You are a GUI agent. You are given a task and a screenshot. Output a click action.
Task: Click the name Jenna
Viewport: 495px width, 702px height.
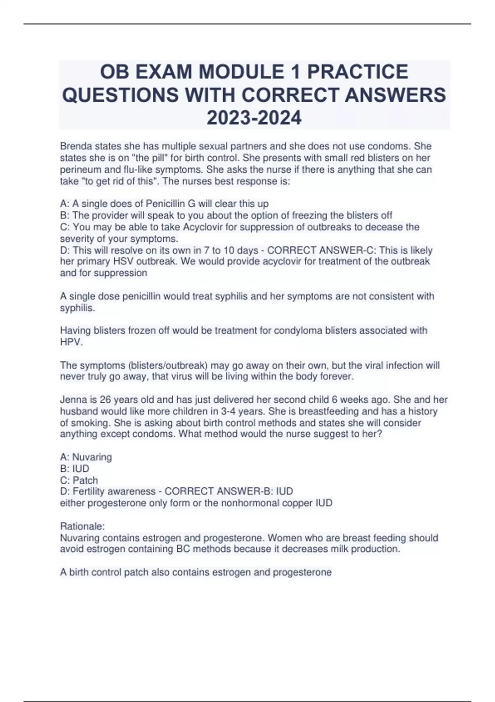pyautogui.click(x=73, y=400)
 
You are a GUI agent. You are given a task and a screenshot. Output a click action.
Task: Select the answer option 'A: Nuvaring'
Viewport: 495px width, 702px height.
pyautogui.click(x=86, y=457)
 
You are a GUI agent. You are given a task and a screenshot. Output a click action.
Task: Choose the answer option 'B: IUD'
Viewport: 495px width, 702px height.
pyautogui.click(x=75, y=469)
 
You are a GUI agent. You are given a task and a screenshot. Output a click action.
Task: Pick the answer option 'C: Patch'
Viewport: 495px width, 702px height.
pyautogui.click(x=79, y=480)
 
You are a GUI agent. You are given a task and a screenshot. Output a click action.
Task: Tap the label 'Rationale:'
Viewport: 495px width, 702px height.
pyautogui.click(x=82, y=526)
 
